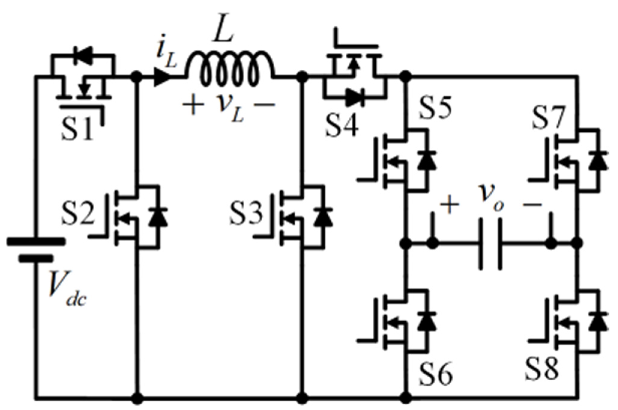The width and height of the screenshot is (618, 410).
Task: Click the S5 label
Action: point(435,107)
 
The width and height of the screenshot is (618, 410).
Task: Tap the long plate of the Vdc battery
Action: point(35,242)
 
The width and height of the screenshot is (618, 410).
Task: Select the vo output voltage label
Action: point(491,201)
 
